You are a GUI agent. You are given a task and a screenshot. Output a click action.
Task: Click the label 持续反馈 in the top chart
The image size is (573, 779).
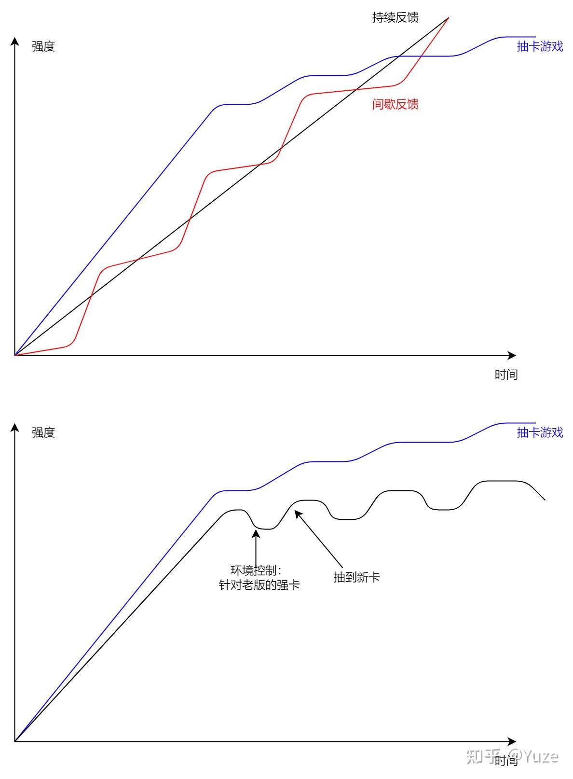coord(395,18)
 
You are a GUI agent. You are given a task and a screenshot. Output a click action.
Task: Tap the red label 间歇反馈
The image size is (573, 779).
coord(395,104)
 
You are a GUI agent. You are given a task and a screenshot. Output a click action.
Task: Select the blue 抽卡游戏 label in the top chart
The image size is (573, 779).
coord(540,46)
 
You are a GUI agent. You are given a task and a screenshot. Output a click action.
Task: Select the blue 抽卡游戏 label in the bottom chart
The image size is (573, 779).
coord(540,432)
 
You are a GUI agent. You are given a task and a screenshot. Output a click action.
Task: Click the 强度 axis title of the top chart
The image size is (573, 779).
coord(43,47)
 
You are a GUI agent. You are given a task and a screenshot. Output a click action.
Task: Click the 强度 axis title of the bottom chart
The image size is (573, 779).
coord(43,432)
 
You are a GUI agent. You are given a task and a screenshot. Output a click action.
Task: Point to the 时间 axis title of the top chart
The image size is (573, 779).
coord(506,375)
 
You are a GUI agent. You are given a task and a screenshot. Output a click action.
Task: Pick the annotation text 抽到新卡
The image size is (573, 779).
coord(356,577)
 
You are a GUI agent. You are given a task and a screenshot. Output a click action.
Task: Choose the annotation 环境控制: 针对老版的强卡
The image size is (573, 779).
coord(259,578)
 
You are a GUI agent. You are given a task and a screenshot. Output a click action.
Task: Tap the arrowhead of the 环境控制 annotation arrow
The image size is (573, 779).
coord(256,532)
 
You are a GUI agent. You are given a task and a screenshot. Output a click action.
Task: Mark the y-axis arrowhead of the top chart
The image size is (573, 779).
coord(15,42)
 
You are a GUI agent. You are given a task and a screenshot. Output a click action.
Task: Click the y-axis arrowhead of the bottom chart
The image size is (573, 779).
coord(15,427)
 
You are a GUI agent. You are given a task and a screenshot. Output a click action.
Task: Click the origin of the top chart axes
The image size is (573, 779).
coord(15,356)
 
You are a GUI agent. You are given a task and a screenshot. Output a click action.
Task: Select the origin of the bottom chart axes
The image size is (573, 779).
coord(15,741)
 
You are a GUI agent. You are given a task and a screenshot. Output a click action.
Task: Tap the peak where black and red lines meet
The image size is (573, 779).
coord(448,18)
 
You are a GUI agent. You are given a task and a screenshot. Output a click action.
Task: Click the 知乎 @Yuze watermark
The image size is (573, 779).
coord(512,756)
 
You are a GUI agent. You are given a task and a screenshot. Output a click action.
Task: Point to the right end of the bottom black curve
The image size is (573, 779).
coord(545,500)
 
